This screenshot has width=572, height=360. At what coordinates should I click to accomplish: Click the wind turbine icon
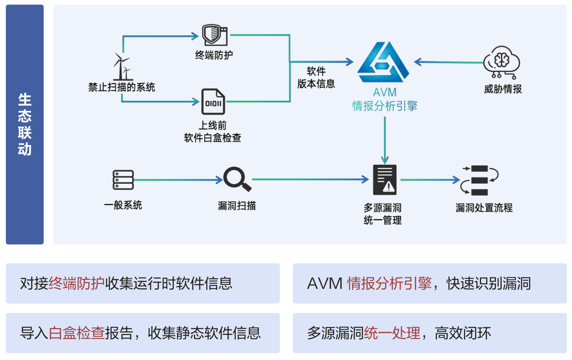[x=122, y=67]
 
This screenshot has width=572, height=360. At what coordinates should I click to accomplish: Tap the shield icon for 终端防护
[x=214, y=35]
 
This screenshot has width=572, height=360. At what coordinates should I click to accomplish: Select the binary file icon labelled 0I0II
[x=213, y=102]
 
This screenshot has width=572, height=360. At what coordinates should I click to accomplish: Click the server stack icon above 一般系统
[x=123, y=180]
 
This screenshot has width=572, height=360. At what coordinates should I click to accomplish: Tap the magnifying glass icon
[x=237, y=179]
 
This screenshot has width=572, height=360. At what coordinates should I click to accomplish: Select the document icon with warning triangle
[x=385, y=180]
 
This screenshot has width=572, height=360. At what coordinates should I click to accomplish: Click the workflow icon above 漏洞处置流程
[x=480, y=180]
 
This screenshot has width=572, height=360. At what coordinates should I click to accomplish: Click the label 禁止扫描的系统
[x=122, y=87]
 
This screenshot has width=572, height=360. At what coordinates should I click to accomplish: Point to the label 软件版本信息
[x=316, y=78]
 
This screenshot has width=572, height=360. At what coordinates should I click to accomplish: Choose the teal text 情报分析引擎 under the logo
[x=385, y=106]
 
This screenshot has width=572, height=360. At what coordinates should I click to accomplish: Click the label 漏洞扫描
[x=237, y=205]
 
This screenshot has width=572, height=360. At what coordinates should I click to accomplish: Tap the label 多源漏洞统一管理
[x=383, y=214]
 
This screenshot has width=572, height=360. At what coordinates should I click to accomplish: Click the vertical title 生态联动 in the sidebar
[x=25, y=125]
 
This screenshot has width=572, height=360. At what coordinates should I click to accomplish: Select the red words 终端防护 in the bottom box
[x=76, y=284]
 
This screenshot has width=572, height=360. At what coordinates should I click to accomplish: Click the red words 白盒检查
[x=76, y=333]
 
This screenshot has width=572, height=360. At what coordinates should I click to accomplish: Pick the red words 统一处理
[x=392, y=333]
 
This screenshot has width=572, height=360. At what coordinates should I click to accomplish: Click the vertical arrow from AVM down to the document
[x=385, y=140]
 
